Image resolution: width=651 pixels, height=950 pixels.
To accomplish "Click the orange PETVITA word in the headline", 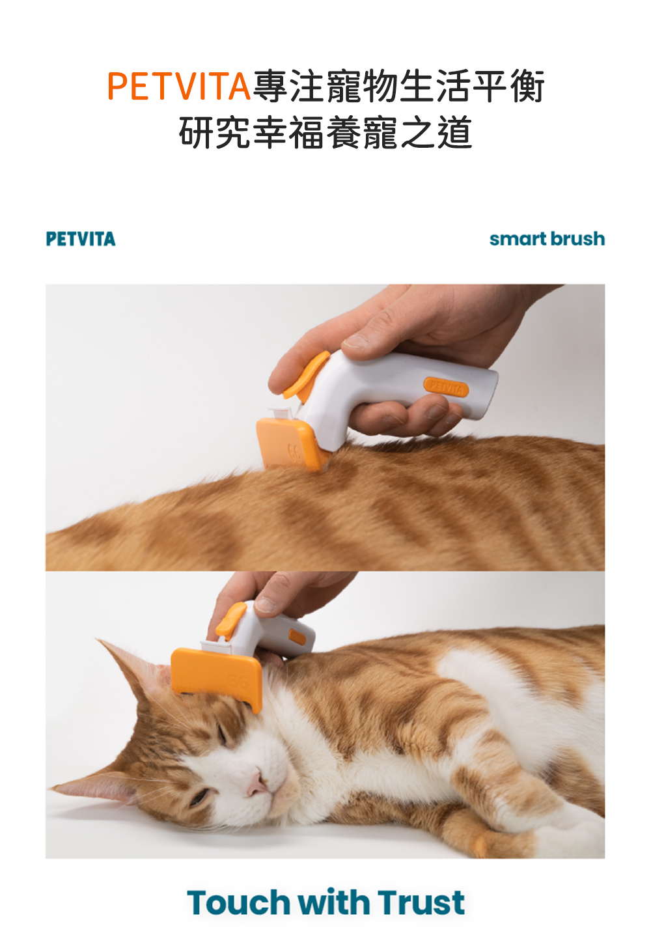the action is (x=178, y=87).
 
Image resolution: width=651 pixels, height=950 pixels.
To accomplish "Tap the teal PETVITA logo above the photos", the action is (x=81, y=239).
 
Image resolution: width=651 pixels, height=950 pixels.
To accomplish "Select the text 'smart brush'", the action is (x=547, y=239).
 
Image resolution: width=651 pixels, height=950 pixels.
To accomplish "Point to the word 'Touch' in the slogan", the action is (x=238, y=902).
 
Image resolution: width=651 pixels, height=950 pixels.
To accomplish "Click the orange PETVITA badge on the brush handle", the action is (x=446, y=387).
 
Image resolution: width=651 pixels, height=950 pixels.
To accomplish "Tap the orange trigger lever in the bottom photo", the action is (x=230, y=620).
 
